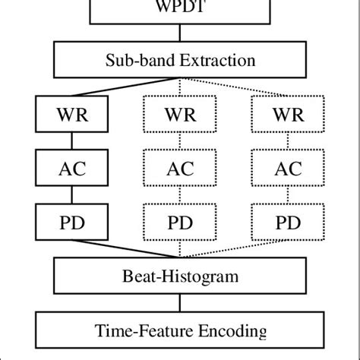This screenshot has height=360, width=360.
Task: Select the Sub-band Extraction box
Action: point(180,58)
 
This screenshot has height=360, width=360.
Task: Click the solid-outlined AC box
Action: point(71,169)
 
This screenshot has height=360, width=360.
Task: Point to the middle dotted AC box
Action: point(180,169)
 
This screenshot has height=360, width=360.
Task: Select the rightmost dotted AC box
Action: point(288,169)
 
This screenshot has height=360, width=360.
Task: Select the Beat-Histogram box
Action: point(180,277)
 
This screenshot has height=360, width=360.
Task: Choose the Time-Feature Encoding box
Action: point(180,331)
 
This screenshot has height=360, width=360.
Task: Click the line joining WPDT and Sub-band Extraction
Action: point(180,33)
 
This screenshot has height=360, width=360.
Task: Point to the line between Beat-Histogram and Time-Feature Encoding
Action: point(180,304)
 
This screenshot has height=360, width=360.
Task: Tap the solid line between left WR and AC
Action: point(71,143)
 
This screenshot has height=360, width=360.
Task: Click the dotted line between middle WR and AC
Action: point(180,143)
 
